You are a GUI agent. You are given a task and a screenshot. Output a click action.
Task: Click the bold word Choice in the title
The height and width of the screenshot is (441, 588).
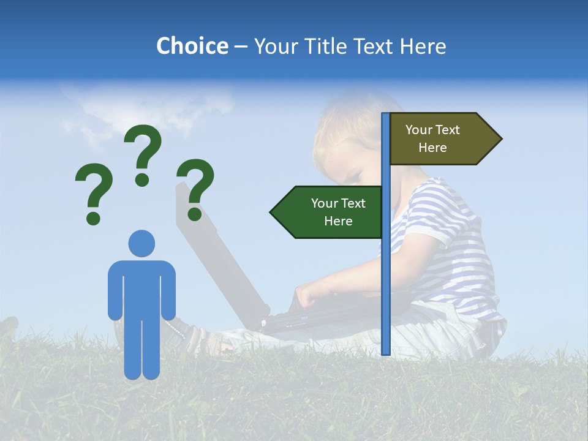[x=192, y=46]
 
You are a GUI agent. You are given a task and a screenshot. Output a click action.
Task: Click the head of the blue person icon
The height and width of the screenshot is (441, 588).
[x=141, y=243]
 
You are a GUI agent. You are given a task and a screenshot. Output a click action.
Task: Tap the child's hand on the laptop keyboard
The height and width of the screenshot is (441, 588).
[x=309, y=297]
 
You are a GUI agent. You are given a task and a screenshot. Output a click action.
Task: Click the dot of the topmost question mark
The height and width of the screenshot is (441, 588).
[x=142, y=179]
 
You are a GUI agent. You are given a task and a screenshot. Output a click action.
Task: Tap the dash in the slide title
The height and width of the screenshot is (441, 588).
[x=241, y=47]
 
